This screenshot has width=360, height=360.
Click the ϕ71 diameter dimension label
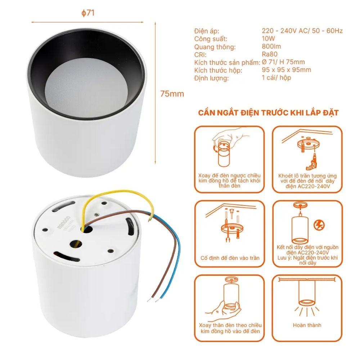click(88, 13)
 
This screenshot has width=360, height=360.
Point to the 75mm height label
click(172, 94)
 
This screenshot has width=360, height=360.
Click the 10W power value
click(269, 39)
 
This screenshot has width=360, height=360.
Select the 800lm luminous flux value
click(271, 46)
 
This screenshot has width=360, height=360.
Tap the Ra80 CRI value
click(270, 54)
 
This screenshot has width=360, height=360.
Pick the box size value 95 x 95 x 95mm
click(287, 70)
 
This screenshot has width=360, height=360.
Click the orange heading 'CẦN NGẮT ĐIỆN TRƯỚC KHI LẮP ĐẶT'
click(268, 113)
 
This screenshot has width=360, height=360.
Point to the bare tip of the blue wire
click(161, 297)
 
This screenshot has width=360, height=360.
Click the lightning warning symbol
click(319, 225)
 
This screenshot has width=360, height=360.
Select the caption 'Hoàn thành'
click(307, 325)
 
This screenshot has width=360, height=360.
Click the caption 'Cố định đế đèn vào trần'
click(230, 258)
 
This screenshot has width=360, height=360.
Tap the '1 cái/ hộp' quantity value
click(276, 78)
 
